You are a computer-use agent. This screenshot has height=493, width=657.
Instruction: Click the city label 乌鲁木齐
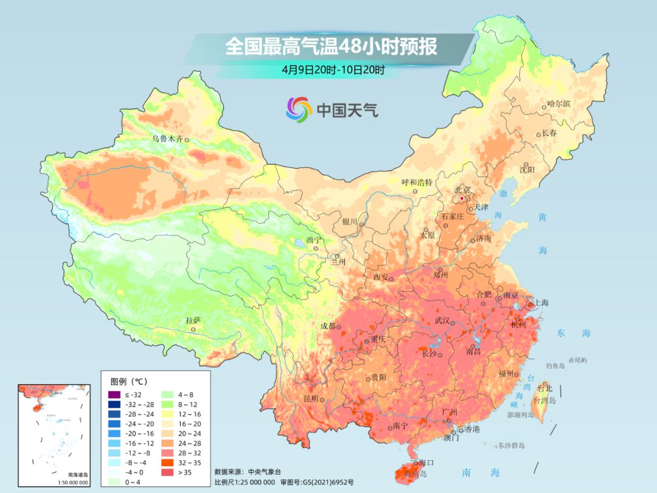pyautogui.click(x=167, y=139)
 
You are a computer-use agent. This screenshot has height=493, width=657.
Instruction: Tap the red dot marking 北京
pyautogui.click(x=462, y=198)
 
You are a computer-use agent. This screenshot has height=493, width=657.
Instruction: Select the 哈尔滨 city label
pyautogui.click(x=558, y=104)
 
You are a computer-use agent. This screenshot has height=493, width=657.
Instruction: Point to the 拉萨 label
pyautogui.click(x=193, y=320)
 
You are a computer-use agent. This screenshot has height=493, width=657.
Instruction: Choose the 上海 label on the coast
pyautogui.click(x=541, y=302)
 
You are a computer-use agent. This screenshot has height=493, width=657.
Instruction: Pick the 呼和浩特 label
pyautogui.click(x=417, y=182)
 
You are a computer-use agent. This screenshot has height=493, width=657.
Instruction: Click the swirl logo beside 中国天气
pyautogui.click(x=299, y=110)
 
